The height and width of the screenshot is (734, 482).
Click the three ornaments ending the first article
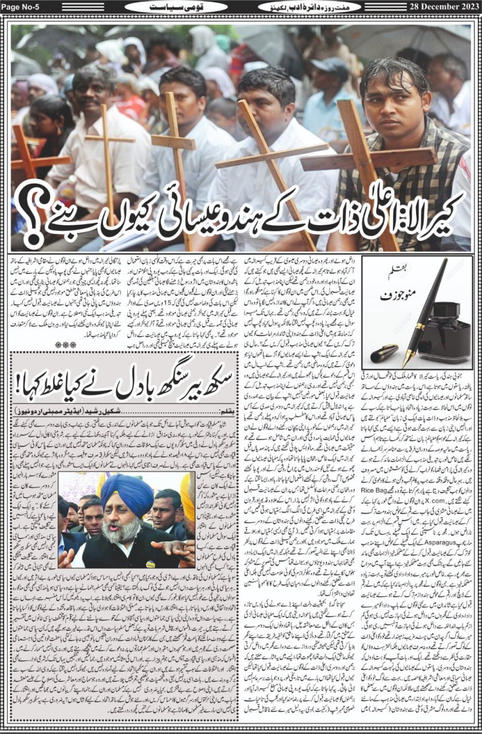[x=62, y=343]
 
